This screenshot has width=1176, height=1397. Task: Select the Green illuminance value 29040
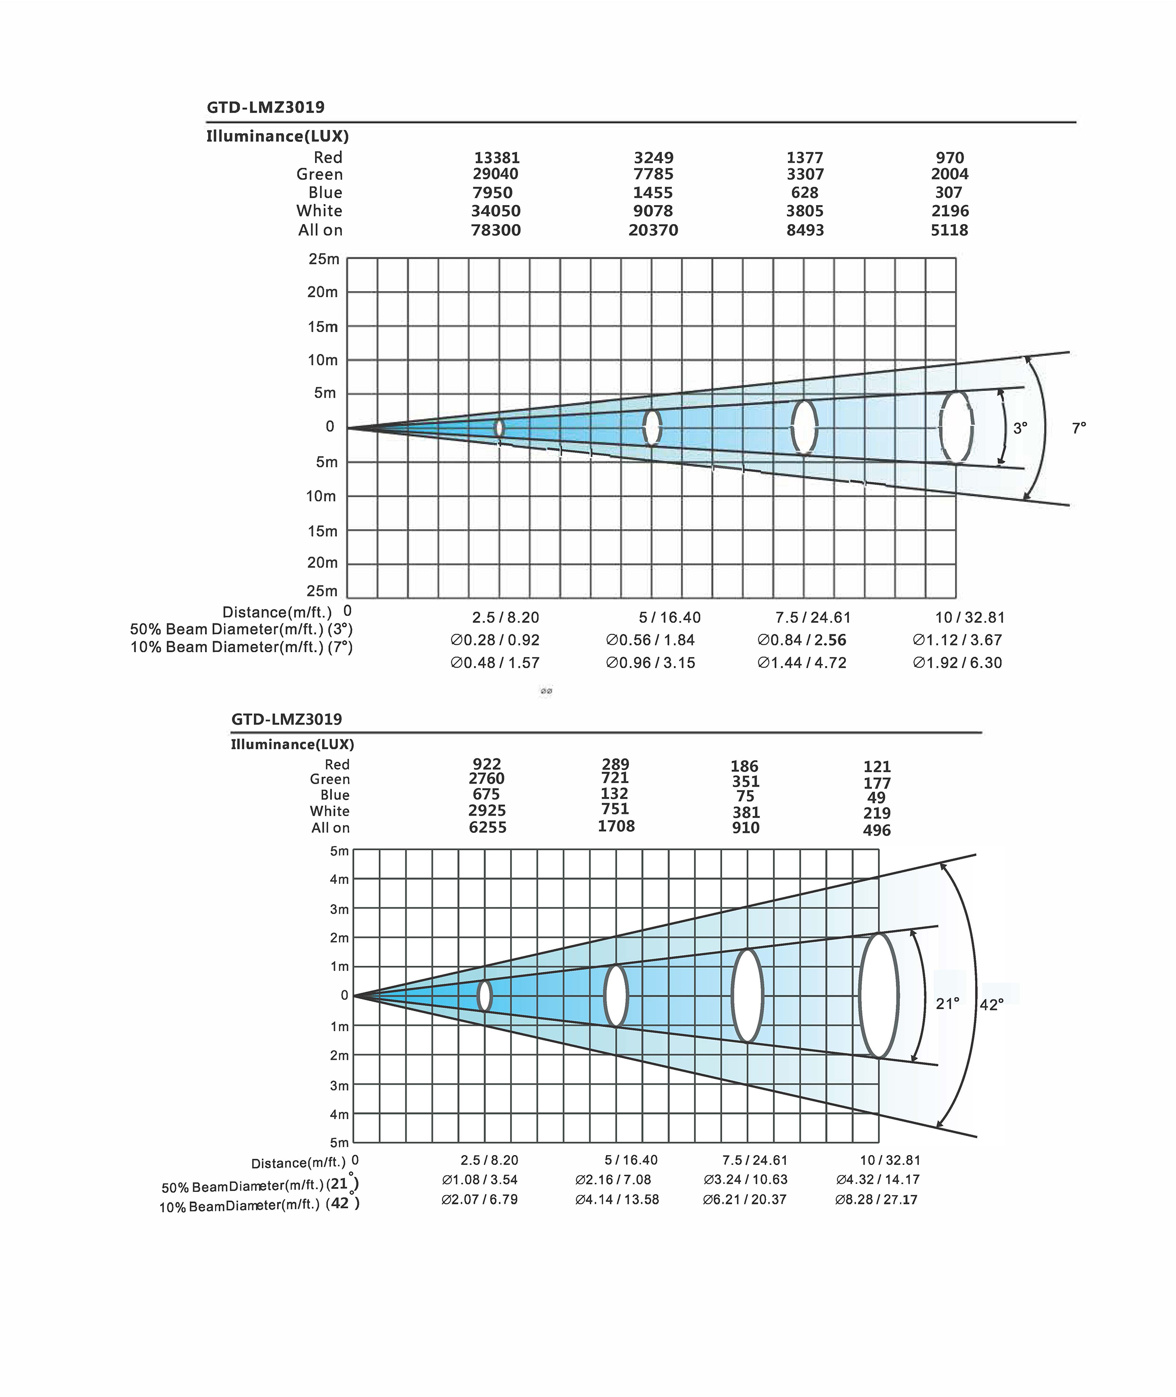pos(495,174)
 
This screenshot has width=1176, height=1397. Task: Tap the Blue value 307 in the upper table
pos(949,193)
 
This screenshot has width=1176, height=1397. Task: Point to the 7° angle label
pos(1078,428)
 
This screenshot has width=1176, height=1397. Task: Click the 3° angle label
pos(1020,429)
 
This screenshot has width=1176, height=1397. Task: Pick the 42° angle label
pos(991,1005)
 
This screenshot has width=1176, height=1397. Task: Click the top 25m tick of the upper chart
pos(323,259)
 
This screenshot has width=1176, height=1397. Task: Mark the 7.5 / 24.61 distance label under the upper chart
pos(813,617)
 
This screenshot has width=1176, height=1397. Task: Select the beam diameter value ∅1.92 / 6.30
pos(958,663)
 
